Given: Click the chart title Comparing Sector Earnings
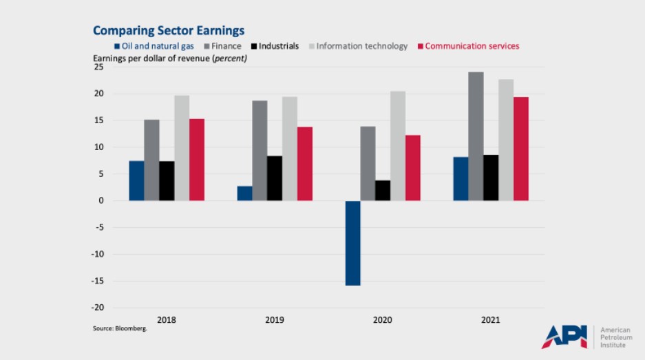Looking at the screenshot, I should pyautogui.click(x=169, y=30).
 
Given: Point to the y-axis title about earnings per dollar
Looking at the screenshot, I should pyautogui.click(x=170, y=59).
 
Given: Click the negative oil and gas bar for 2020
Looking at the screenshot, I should pyautogui.click(x=352, y=242).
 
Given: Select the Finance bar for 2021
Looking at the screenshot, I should pyautogui.click(x=476, y=136).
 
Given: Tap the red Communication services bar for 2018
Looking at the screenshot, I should pyautogui.click(x=197, y=160).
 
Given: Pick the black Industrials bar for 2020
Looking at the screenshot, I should pyautogui.click(x=383, y=191).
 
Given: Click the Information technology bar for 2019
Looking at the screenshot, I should pyautogui.click(x=290, y=149).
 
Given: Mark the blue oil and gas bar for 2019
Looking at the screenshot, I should pyautogui.click(x=244, y=193).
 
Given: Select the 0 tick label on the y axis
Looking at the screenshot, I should pyautogui.click(x=101, y=201).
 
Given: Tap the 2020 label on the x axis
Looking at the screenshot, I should pyautogui.click(x=383, y=320).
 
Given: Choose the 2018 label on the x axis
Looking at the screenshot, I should pyautogui.click(x=167, y=320).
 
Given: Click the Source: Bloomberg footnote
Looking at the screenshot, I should pyautogui.click(x=120, y=329).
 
